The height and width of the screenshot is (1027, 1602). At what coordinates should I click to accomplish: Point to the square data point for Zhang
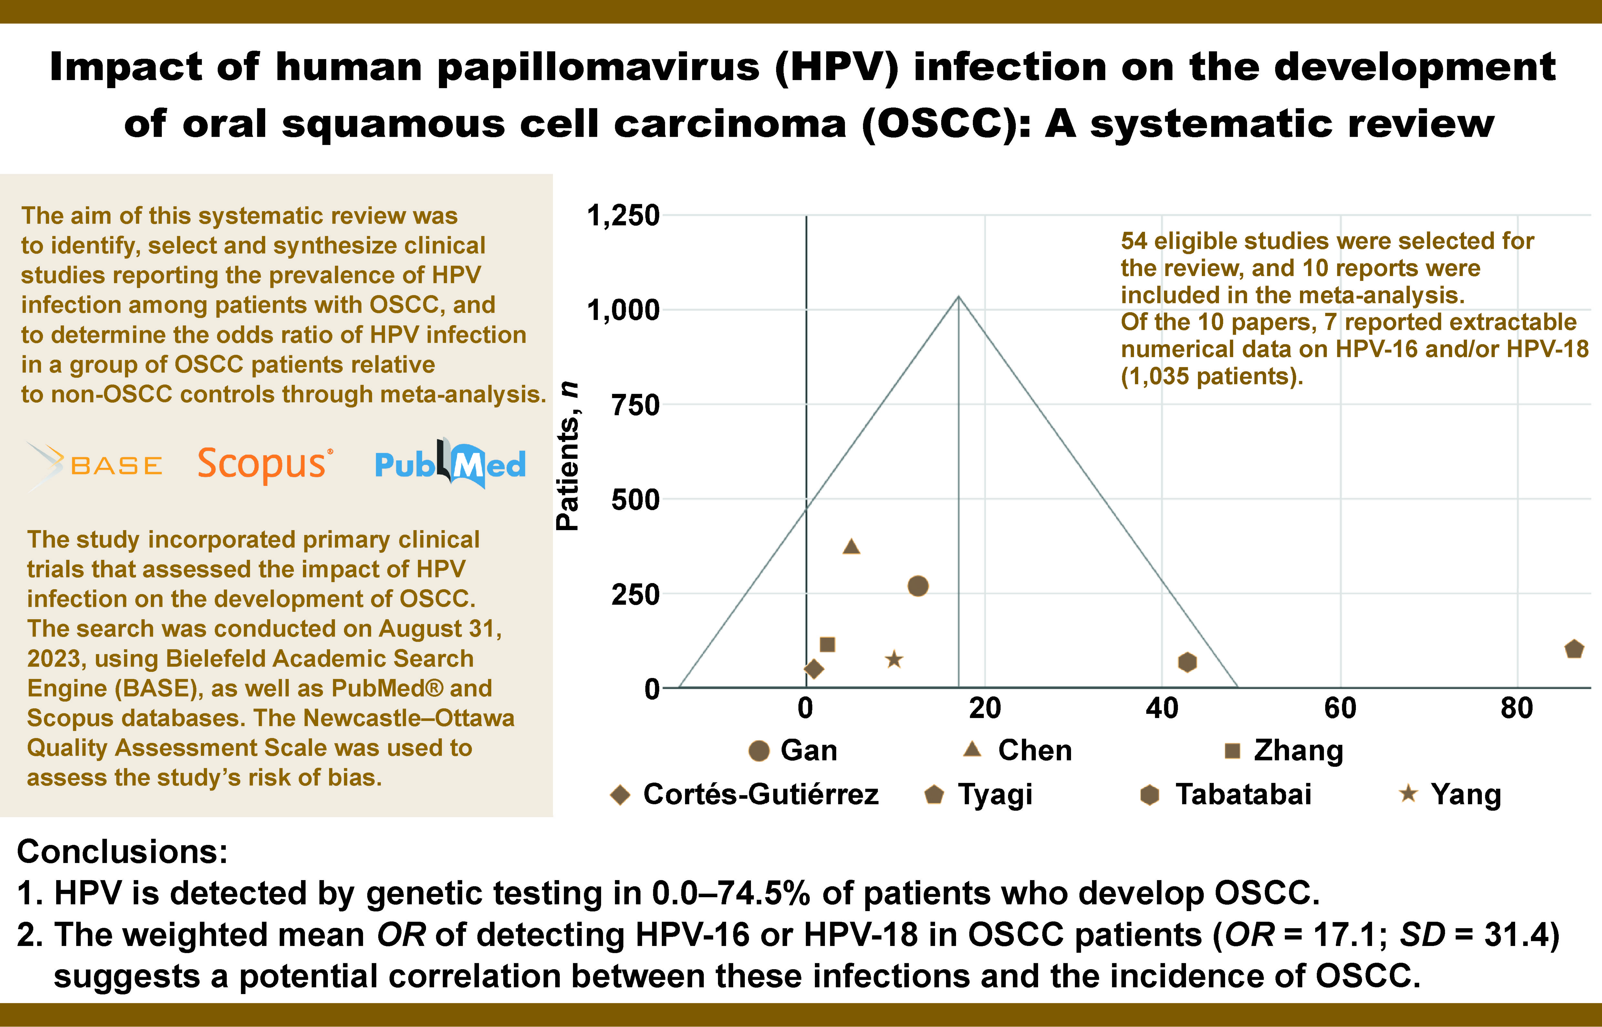click(827, 644)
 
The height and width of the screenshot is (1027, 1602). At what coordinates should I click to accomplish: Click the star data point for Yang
click(894, 660)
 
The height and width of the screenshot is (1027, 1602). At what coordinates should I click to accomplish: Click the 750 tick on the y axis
click(635, 405)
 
